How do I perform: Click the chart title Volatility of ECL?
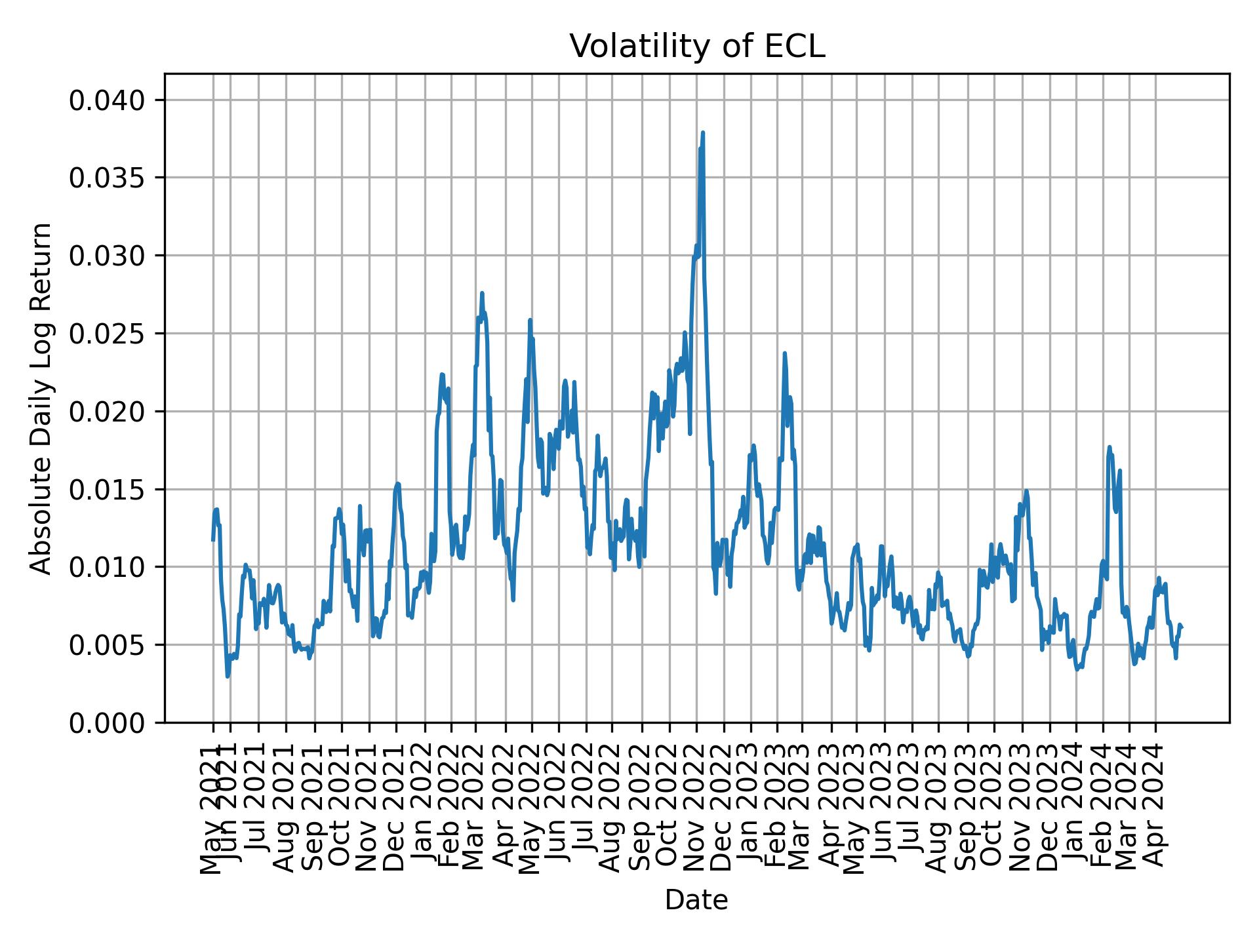pos(696,47)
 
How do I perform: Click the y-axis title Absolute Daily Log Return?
pos(42,399)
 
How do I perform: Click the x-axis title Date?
pos(696,900)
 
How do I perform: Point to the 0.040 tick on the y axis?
pos(107,100)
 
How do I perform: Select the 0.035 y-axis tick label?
pos(107,178)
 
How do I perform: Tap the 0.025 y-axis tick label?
pos(107,334)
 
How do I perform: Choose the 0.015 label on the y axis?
pos(107,490)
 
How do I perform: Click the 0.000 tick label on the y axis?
pos(107,722)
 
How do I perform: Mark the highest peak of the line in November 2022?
pos(703,133)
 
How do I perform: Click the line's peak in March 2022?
pos(482,294)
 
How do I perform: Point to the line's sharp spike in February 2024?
pos(1109,447)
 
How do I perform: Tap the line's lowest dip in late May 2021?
pos(228,676)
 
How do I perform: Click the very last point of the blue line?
pos(1182,627)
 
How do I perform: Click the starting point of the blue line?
pos(212,540)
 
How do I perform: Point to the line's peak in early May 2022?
pos(530,320)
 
